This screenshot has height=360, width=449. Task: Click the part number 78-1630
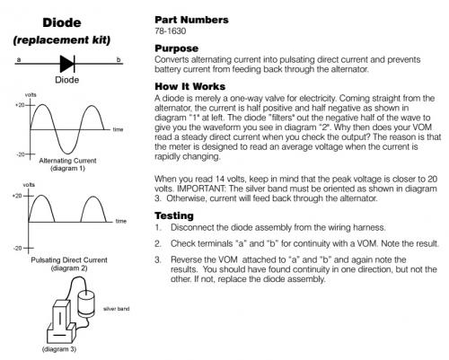(170, 31)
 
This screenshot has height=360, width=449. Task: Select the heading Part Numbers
(191, 20)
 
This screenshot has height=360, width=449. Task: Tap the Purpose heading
(176, 48)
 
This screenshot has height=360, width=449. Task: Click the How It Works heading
(189, 86)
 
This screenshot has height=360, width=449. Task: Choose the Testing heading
(174, 215)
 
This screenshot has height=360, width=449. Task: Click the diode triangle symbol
(67, 64)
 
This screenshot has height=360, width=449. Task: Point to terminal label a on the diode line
(19, 59)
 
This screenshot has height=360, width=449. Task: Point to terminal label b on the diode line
(119, 59)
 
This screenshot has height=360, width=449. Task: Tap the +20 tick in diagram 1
(20, 105)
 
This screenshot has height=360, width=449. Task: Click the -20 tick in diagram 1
(21, 154)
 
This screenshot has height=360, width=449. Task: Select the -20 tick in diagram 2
(17, 248)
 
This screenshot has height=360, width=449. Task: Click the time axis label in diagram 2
(121, 221)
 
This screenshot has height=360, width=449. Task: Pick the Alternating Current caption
(67, 161)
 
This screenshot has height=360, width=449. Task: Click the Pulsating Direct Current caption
(69, 260)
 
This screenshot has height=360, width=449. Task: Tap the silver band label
(117, 309)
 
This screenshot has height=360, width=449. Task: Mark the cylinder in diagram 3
(86, 304)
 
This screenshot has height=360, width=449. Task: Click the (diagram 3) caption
(59, 349)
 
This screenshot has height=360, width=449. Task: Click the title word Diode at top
(62, 22)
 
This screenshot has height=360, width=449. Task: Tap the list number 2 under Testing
(158, 243)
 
